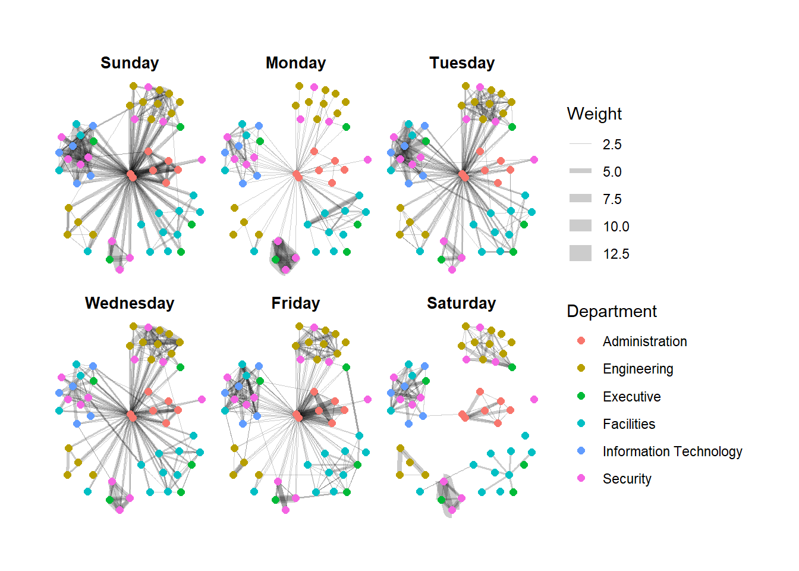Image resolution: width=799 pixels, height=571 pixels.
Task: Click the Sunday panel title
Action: click(x=130, y=63)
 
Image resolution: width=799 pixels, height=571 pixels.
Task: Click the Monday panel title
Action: click(x=295, y=63)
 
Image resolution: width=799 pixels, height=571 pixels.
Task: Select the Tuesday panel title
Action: click(x=462, y=63)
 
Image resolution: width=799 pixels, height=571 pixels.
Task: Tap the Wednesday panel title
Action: click(x=130, y=303)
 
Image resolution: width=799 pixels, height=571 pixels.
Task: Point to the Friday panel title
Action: click(x=295, y=303)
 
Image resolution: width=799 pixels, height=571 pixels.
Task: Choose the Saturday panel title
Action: click(x=461, y=303)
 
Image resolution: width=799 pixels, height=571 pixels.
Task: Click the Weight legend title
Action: click(x=594, y=114)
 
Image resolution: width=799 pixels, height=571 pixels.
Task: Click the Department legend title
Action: click(x=612, y=311)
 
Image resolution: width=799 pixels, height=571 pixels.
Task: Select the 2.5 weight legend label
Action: click(x=612, y=145)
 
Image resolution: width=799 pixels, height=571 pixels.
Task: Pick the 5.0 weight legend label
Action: click(x=612, y=172)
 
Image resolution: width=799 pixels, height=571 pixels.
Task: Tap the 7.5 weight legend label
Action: click(x=612, y=199)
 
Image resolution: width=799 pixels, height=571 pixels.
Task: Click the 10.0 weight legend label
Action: click(x=616, y=227)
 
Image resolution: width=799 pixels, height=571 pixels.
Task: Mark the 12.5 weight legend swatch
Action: click(x=580, y=253)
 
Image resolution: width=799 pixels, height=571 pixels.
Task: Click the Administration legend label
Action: click(x=644, y=341)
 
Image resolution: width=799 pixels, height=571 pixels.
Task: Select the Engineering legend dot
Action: click(x=581, y=368)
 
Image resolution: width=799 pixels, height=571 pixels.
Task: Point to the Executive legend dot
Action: click(x=581, y=396)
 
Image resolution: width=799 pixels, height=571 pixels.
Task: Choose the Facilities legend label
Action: click(x=628, y=424)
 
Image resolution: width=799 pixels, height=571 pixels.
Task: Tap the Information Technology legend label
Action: click(x=672, y=451)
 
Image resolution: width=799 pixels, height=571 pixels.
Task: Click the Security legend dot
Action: click(x=581, y=478)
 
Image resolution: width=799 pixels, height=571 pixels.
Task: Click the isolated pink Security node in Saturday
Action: click(x=534, y=400)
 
